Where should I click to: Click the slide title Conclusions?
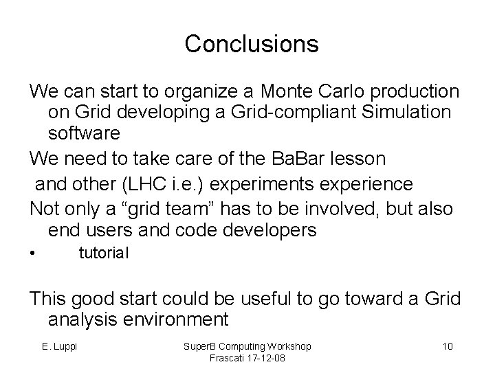252,45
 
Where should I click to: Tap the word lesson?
351,159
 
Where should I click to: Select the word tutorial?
104,254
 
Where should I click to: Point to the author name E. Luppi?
60,345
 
